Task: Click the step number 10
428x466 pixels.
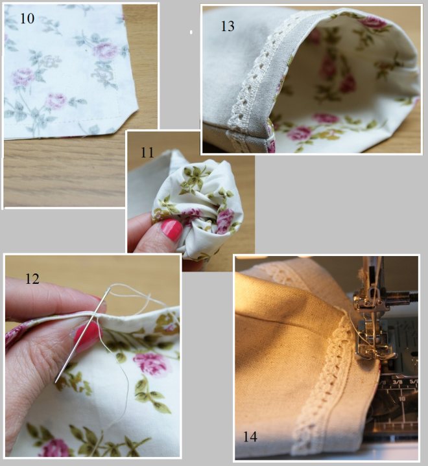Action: [27, 18]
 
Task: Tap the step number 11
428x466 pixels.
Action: [147, 153]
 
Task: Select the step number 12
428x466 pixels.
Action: [32, 279]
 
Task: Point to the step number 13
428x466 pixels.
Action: [228, 26]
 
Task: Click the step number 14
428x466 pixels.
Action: [250, 437]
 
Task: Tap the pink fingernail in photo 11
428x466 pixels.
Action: [172, 229]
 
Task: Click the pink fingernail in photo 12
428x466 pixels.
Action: [87, 337]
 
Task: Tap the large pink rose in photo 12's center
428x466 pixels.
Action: [152, 364]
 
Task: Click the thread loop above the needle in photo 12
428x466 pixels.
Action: [131, 292]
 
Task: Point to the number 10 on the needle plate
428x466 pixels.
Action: [402, 398]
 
